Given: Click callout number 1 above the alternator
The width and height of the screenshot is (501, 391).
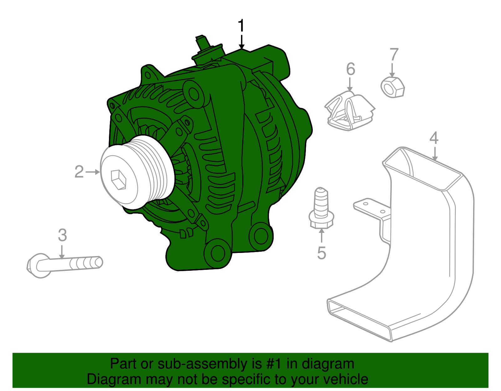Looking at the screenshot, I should pos(241,26).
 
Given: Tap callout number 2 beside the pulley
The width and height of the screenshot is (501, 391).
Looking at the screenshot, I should pos(79,172).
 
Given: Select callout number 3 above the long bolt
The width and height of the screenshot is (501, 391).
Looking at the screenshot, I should pos(62,235).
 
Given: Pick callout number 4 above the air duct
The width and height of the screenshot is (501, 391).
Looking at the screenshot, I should pos(434,138).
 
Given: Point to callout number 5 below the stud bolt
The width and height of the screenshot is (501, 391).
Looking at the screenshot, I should pos(322,253).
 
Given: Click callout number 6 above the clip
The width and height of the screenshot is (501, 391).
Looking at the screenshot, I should pos(351,69).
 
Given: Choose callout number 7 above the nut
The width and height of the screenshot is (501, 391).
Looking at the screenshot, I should pos(394,55).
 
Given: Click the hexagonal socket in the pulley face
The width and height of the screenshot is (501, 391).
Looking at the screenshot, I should pos(119,180).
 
